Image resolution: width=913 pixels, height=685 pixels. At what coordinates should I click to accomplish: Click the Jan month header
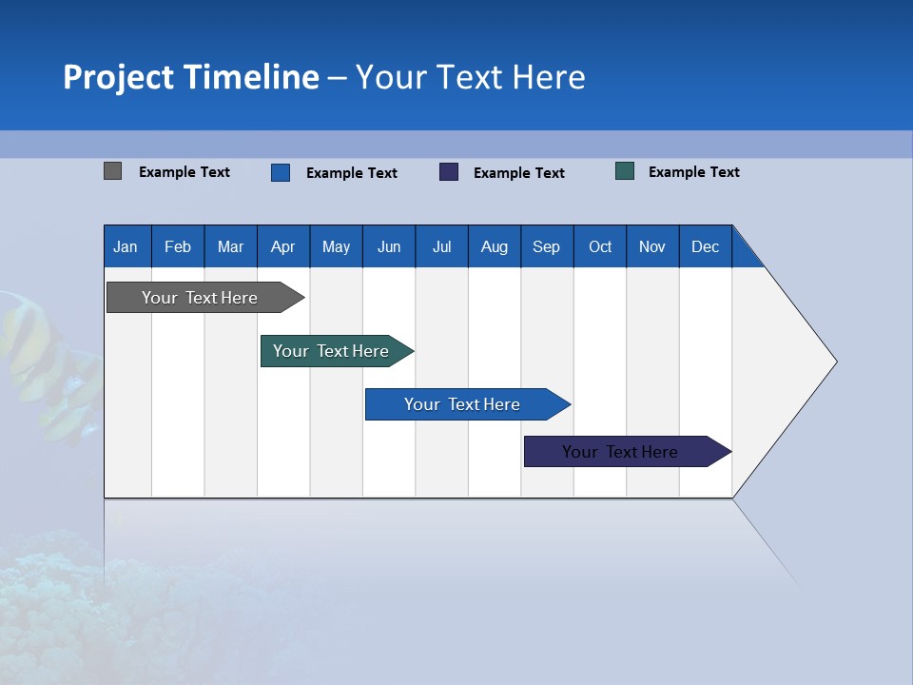(126, 246)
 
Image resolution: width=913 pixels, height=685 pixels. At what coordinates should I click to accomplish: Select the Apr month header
(283, 246)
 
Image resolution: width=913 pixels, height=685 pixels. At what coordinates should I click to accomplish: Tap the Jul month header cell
(441, 246)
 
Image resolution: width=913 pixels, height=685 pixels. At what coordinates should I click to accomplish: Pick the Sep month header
(546, 246)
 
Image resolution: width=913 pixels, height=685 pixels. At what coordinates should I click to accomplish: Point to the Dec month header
(705, 246)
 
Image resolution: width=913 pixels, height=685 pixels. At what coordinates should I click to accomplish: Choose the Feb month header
(178, 246)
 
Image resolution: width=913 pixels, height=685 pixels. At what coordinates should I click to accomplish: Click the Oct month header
(600, 246)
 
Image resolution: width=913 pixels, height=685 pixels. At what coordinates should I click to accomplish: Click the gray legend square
(113, 171)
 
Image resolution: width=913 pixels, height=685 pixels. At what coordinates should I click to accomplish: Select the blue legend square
(281, 172)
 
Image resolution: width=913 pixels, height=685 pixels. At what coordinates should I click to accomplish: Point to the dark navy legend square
(449, 172)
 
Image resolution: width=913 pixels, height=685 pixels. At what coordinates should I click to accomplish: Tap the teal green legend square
(625, 171)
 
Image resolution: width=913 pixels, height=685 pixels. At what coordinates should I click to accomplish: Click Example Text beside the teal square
(693, 172)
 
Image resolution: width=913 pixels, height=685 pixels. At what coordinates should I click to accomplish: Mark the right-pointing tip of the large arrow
(834, 362)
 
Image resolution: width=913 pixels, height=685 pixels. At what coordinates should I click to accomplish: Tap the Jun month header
(389, 246)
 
